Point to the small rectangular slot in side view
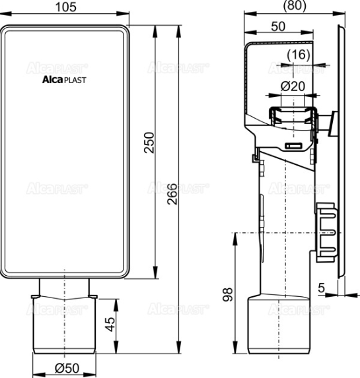[294, 144]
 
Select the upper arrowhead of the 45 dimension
[118, 301]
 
